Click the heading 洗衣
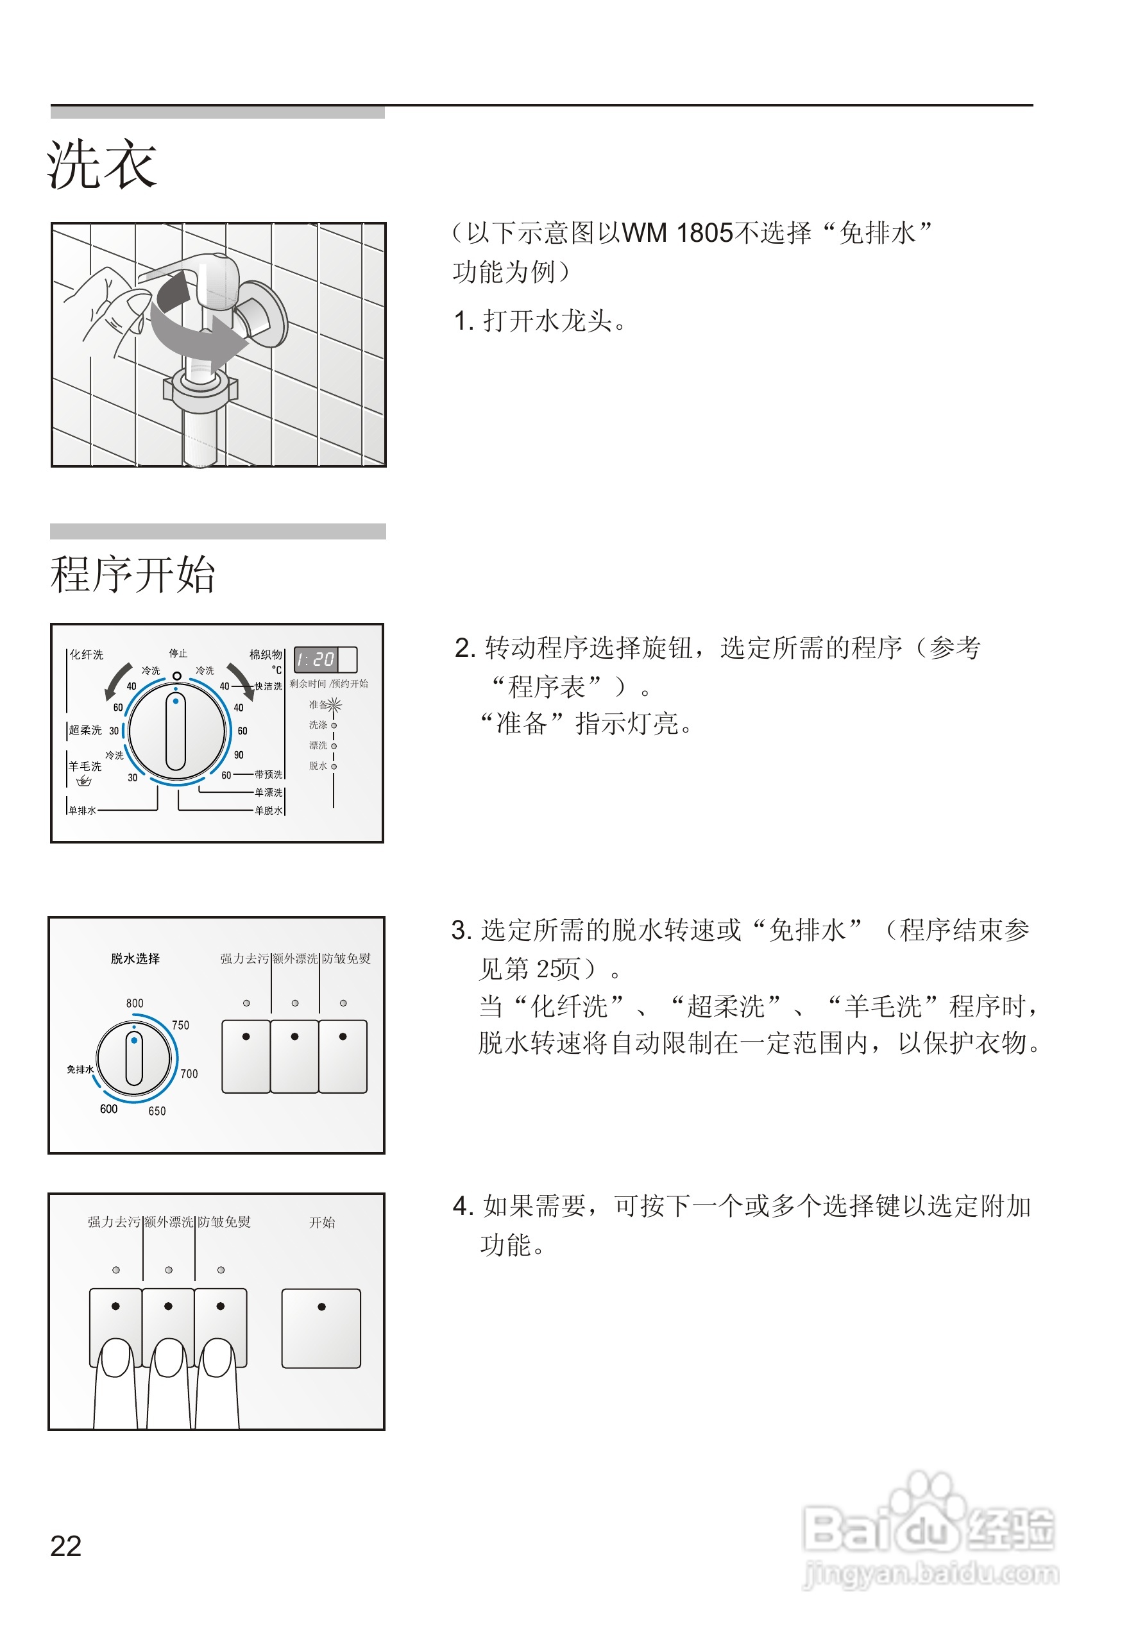(102, 165)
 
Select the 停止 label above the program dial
(178, 653)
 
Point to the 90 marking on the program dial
(239, 755)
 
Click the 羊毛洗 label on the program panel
(85, 766)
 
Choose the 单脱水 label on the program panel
(268, 811)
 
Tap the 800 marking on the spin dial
(135, 1003)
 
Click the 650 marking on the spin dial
(157, 1110)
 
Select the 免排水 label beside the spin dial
(80, 1069)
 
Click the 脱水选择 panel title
(135, 958)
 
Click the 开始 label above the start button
(322, 1223)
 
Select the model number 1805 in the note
(704, 233)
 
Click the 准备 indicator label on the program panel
(318, 704)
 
